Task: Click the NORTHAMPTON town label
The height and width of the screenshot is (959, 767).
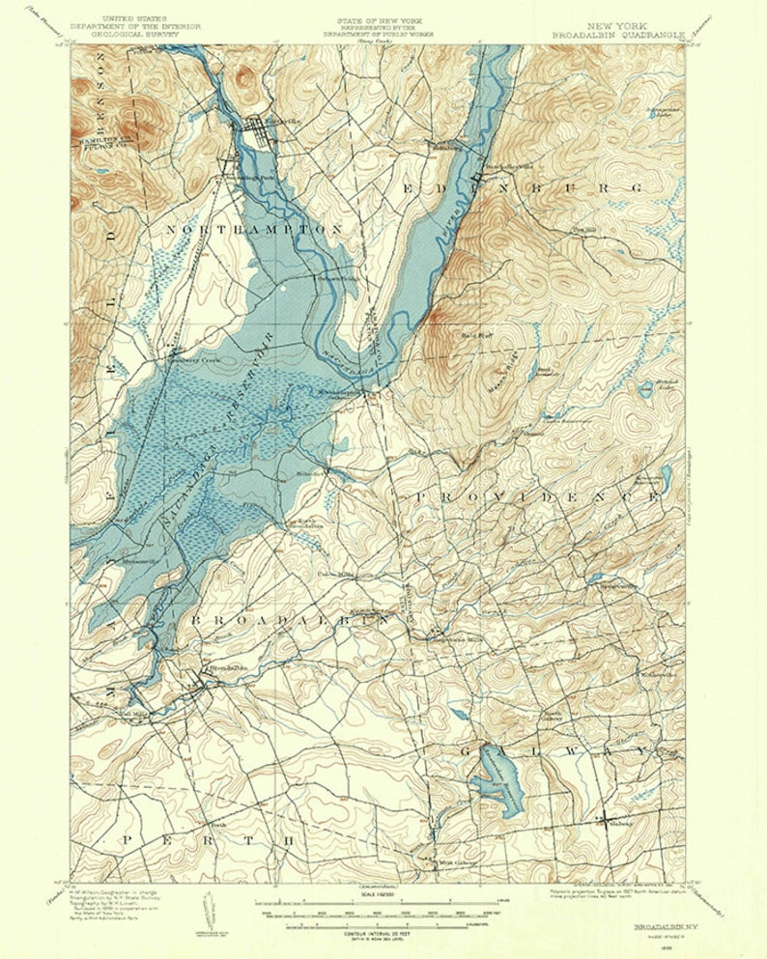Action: pos(255,229)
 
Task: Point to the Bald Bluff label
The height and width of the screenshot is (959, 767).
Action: pos(477,335)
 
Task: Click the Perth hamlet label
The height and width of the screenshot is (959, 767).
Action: pos(218,825)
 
